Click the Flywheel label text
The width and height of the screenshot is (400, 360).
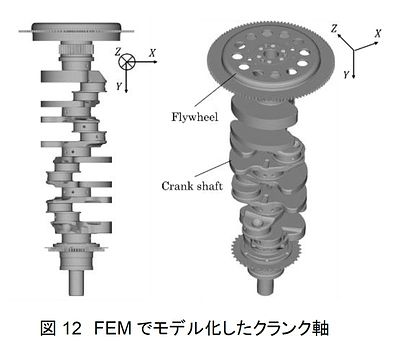click(x=195, y=117)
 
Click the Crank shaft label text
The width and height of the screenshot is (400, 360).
click(x=192, y=186)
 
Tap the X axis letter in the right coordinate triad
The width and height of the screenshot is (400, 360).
click(x=378, y=34)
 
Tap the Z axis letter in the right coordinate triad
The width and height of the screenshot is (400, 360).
click(x=334, y=29)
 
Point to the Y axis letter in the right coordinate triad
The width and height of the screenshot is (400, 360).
click(x=346, y=75)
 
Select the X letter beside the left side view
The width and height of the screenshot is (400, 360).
click(x=152, y=53)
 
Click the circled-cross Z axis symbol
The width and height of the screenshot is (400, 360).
click(x=127, y=61)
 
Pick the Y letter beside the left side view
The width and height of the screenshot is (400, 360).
click(x=119, y=86)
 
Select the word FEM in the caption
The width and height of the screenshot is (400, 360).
click(x=113, y=328)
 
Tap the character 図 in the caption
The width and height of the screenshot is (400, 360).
click(x=48, y=328)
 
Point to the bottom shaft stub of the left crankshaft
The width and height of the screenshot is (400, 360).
click(x=76, y=282)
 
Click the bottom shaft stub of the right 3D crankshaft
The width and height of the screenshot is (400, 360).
click(x=266, y=285)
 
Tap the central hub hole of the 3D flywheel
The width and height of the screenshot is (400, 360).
click(x=269, y=54)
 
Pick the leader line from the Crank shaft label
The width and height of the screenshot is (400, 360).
click(x=213, y=169)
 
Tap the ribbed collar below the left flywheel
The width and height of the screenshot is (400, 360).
click(x=76, y=50)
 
